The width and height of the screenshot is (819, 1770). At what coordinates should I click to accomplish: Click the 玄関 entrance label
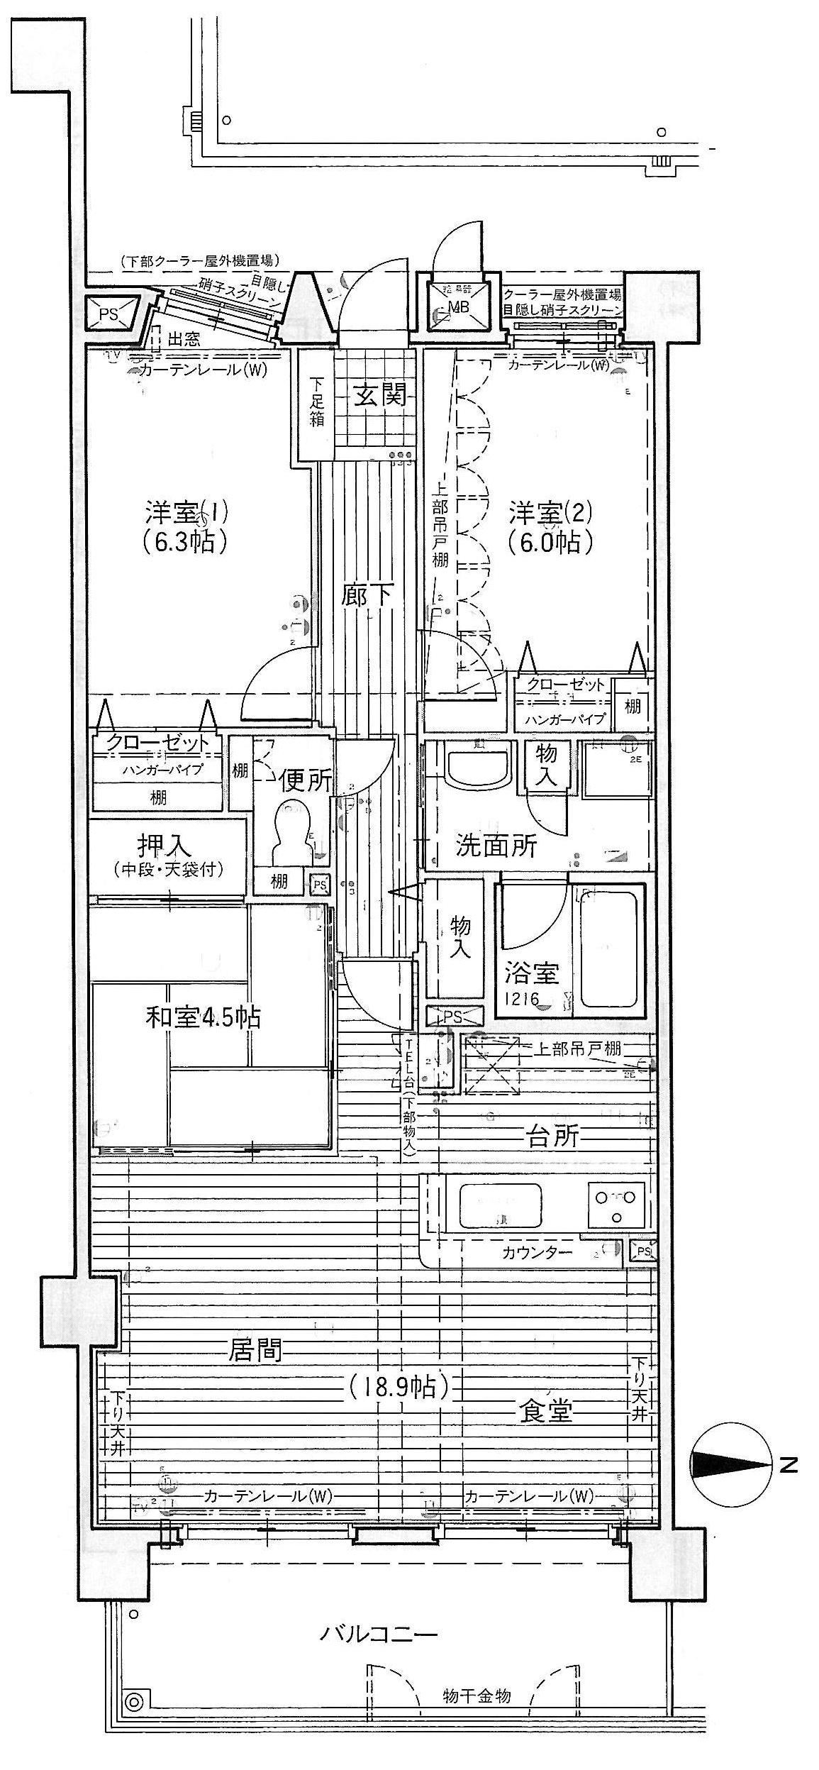pos(380,394)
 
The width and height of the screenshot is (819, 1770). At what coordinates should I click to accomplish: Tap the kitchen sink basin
pos(501,1205)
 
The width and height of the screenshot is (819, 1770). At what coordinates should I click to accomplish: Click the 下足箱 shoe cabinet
pos(314,404)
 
